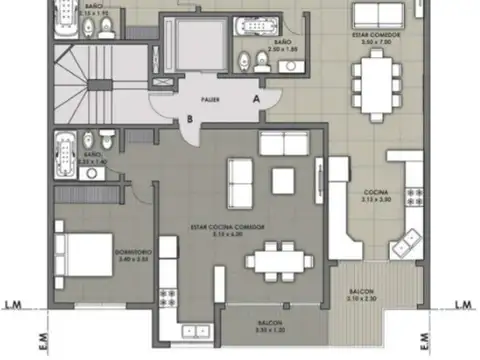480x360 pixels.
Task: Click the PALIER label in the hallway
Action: [x=210, y=100]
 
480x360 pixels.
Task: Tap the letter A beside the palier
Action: [x=256, y=99]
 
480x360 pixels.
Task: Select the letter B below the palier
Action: [x=189, y=120]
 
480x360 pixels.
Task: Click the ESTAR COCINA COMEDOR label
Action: [x=228, y=229]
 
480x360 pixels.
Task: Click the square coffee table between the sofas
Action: [x=282, y=180]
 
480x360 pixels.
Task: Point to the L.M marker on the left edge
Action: [x=15, y=304]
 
